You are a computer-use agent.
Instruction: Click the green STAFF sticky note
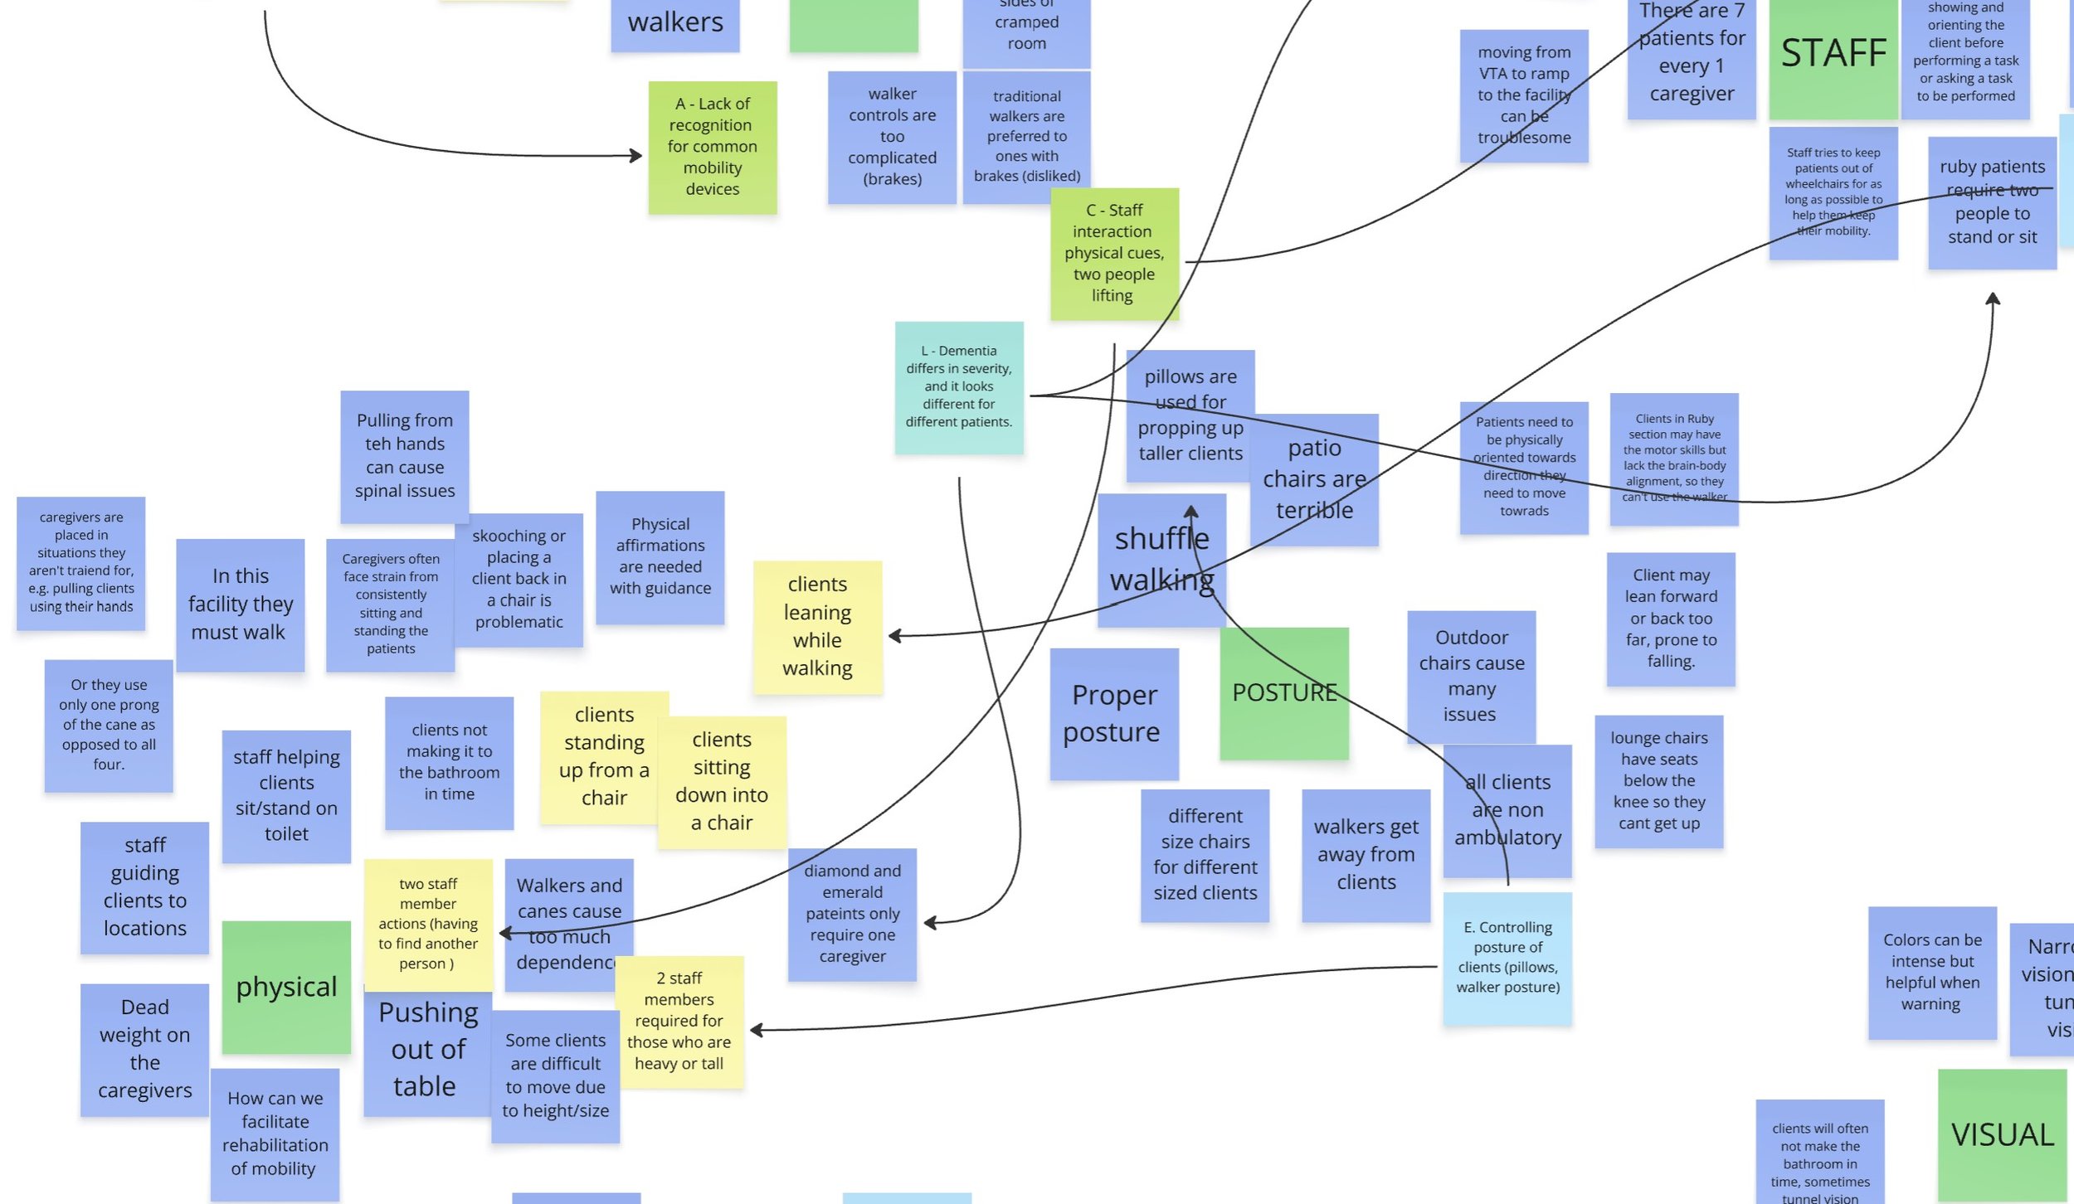coord(1833,58)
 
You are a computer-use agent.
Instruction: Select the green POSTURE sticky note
coord(1283,693)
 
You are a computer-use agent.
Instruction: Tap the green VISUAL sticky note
coord(2002,1134)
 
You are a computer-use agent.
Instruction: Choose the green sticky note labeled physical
coord(286,987)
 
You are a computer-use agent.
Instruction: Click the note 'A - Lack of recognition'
coord(712,147)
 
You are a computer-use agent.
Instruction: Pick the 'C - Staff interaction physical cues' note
coord(1113,253)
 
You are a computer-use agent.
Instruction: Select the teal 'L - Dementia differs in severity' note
coord(958,386)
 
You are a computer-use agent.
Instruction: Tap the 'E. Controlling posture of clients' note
coord(1507,958)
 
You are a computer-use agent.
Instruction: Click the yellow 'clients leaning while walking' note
coord(817,626)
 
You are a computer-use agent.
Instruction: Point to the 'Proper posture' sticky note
coord(1113,713)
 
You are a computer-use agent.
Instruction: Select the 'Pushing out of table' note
coord(426,1050)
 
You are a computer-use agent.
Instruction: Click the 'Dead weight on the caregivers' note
coord(144,1049)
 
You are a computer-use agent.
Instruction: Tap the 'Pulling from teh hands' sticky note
coord(404,455)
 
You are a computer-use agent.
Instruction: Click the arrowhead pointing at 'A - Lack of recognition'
coord(637,155)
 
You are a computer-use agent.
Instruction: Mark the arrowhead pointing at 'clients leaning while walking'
coord(893,636)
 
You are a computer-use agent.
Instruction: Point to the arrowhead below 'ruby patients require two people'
coord(1993,298)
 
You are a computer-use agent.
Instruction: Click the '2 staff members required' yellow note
coord(679,1021)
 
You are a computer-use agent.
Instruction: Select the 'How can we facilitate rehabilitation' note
coord(275,1134)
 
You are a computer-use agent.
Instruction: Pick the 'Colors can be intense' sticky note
coord(1931,972)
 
